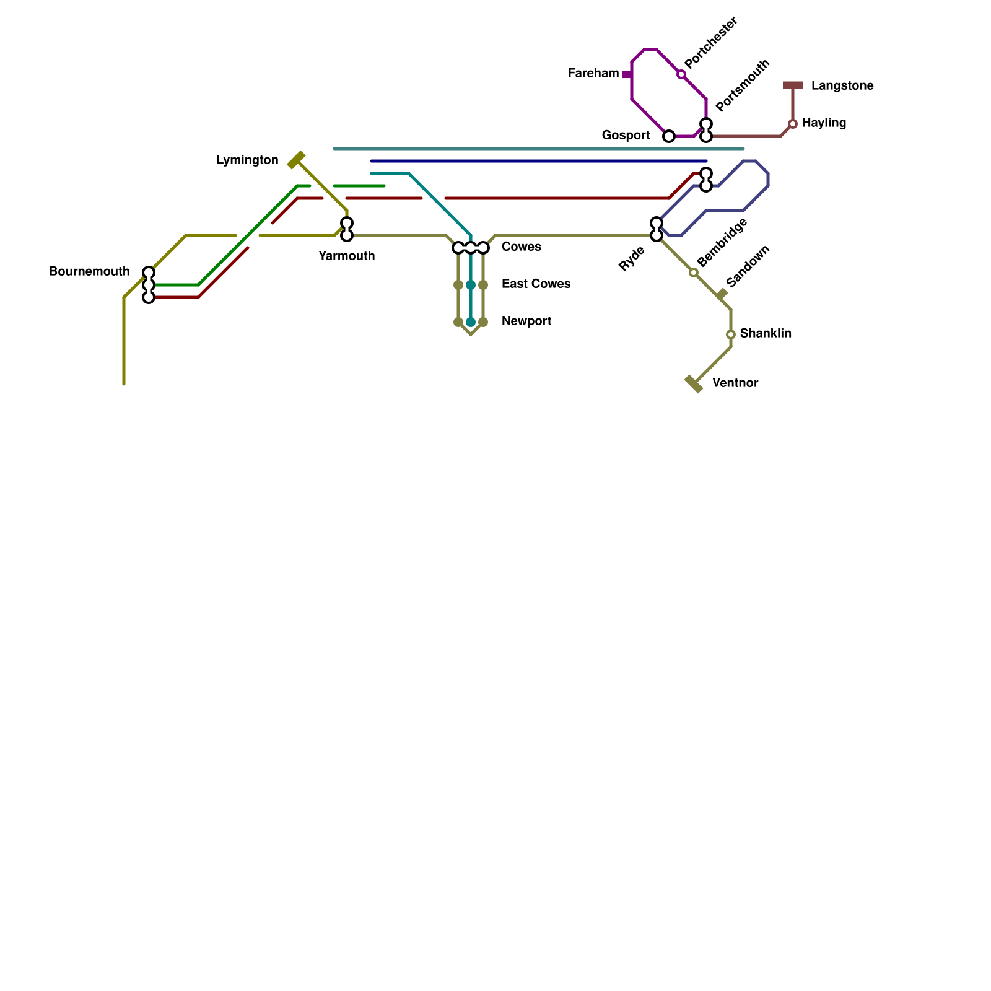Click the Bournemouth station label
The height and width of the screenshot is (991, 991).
pos(89,272)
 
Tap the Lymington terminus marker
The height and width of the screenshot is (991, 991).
pos(297,160)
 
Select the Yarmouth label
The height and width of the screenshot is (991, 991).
pos(346,256)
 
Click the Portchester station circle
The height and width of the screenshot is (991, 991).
pos(681,74)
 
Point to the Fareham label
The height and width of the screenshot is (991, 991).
pos(593,74)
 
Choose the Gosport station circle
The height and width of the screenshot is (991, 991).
pos(669,136)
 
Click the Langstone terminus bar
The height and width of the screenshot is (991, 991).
pos(793,85)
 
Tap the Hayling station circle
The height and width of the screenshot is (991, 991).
pos(793,124)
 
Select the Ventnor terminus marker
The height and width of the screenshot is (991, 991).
pos(694,384)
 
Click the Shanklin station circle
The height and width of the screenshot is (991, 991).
pos(731,334)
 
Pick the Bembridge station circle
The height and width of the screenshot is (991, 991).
pos(694,273)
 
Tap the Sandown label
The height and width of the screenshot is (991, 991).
pos(748,266)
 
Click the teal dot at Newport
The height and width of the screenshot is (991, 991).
pos(471,322)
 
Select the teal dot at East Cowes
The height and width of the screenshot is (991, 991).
pos(471,285)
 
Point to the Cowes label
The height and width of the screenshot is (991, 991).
pos(521,247)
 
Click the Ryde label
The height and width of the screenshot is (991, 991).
pos(632,259)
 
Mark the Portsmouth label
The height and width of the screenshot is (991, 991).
pos(743,85)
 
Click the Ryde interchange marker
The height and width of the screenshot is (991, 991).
pos(657,229)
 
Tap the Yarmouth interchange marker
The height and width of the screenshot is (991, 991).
pos(347,229)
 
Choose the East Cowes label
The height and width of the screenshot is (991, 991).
pos(536,284)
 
